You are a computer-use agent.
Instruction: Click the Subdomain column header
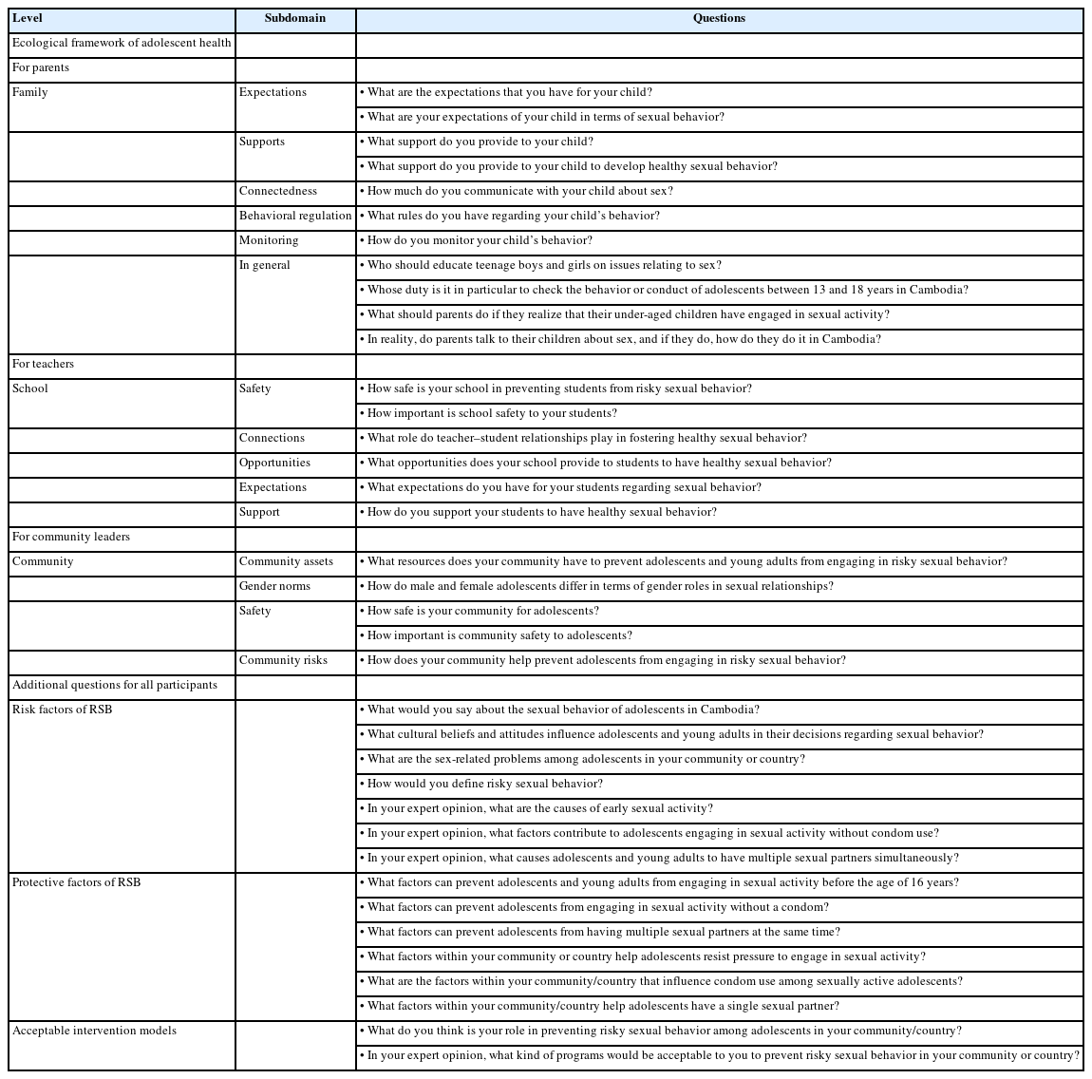(294, 19)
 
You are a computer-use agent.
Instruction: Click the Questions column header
(719, 19)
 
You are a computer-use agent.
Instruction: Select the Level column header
(28, 19)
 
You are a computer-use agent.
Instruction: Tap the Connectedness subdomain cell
(278, 191)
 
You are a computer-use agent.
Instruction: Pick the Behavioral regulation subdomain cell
(295, 216)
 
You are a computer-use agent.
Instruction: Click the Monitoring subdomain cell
(269, 240)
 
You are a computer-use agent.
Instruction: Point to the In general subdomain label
(265, 265)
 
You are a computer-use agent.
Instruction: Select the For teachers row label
(43, 364)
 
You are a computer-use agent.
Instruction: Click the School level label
(30, 388)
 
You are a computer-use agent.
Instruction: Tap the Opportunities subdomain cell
(274, 463)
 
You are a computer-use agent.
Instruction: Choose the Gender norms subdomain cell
(274, 586)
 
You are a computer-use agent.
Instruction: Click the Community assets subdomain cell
(286, 561)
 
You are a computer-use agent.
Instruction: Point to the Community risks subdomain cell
(283, 660)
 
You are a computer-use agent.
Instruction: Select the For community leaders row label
(71, 537)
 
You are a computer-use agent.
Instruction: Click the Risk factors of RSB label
(62, 710)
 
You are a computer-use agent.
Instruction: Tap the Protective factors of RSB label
(76, 882)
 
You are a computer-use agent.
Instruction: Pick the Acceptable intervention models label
(94, 1031)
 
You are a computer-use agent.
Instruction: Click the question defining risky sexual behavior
(484, 784)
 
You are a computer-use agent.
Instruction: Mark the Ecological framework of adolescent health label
(122, 43)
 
